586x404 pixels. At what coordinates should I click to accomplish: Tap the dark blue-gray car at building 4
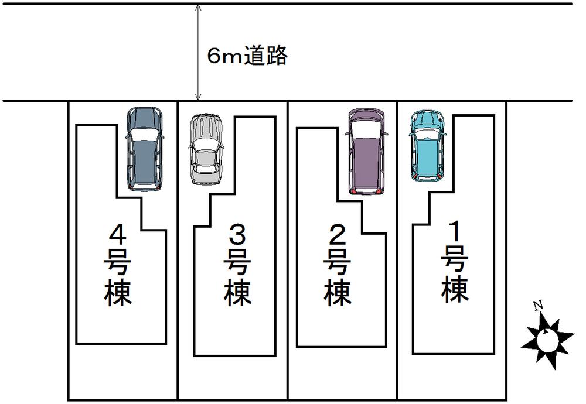(x=144, y=149)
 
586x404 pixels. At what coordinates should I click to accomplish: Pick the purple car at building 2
(x=366, y=151)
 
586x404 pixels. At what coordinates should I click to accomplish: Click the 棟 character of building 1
(x=455, y=290)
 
